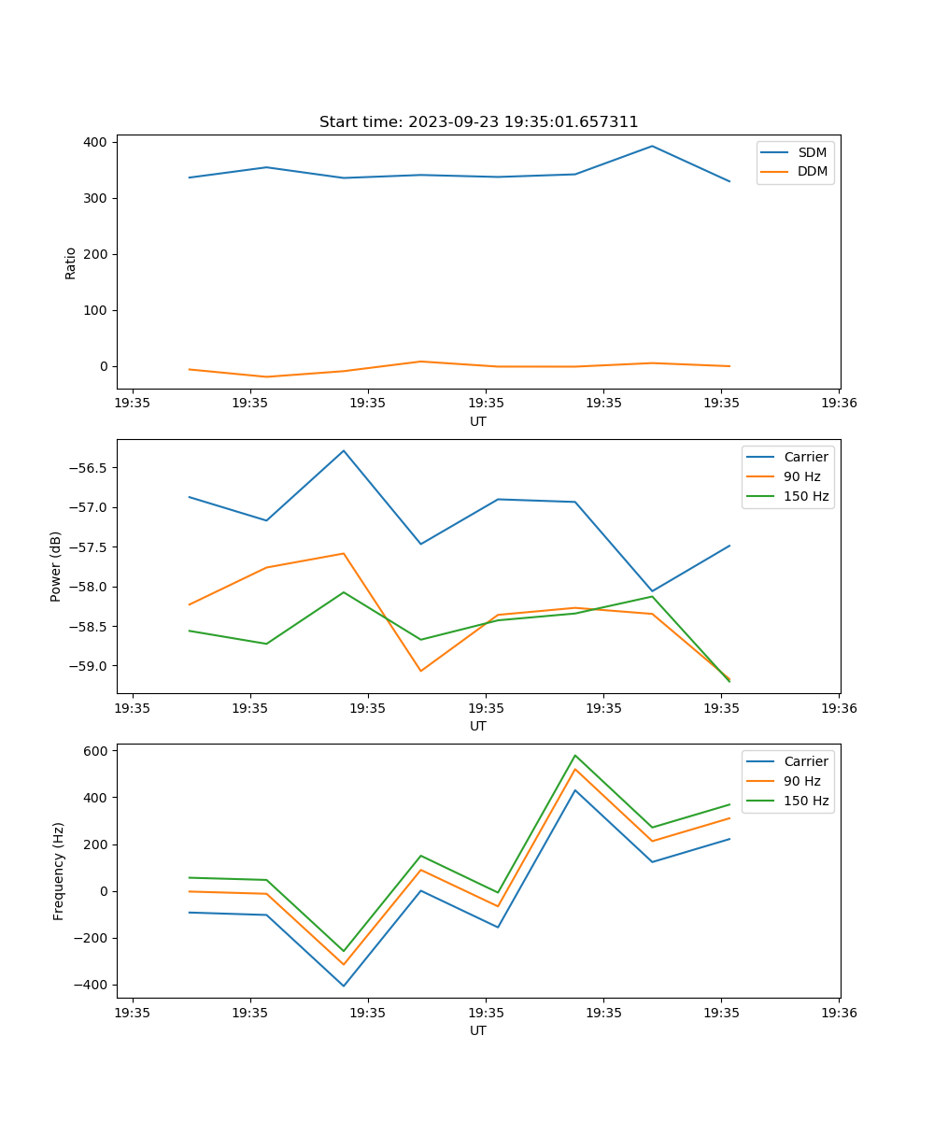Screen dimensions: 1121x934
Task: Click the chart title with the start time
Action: (x=478, y=122)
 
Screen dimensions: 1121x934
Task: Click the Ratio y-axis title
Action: (x=71, y=263)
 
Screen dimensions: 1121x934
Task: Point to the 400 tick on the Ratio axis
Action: (x=98, y=142)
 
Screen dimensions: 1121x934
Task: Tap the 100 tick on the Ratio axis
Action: (x=98, y=310)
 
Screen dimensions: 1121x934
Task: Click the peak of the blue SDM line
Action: (x=652, y=146)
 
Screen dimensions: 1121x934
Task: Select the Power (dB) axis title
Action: (x=57, y=566)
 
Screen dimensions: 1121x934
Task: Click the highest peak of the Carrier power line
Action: (x=344, y=450)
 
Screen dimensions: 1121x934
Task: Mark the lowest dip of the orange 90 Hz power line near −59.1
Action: (x=420, y=671)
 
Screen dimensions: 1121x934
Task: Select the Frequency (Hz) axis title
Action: (x=59, y=871)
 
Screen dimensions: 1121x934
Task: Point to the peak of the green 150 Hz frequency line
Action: (x=574, y=755)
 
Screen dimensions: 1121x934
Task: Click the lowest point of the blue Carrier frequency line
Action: (x=344, y=986)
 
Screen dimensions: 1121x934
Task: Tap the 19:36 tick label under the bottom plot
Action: (x=838, y=1012)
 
